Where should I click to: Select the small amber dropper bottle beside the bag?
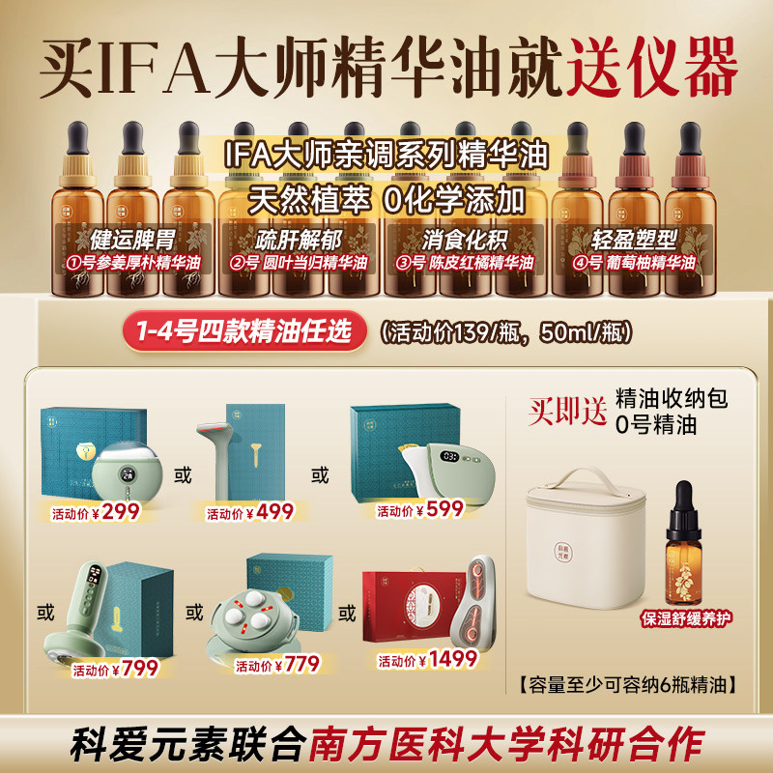pyautogui.click(x=682, y=557)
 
